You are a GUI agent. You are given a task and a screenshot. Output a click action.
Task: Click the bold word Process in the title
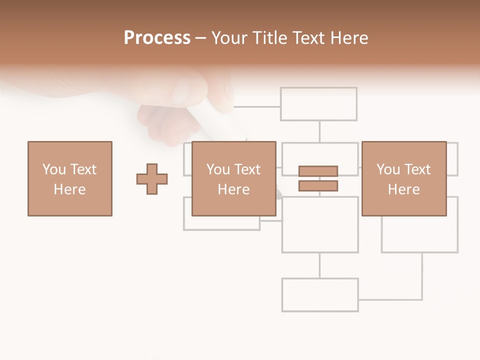coord(157,38)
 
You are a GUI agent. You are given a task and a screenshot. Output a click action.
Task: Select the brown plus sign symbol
coord(152,178)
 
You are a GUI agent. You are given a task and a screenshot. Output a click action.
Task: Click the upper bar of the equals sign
coord(318,171)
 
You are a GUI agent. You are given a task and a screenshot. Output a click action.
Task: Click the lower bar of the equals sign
coord(318,185)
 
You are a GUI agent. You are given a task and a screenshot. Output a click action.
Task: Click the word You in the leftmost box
coord(54,169)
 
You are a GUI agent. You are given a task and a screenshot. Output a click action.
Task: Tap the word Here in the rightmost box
coord(404,189)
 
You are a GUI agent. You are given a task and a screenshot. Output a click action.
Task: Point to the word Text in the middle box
coord(247,169)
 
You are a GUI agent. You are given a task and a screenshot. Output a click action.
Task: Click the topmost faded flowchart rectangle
coord(318,104)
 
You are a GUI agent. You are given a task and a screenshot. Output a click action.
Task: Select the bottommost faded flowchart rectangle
coord(320,295)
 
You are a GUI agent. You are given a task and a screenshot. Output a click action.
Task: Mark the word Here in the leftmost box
coord(70,189)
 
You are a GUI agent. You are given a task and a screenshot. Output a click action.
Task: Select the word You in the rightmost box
coord(388,169)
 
